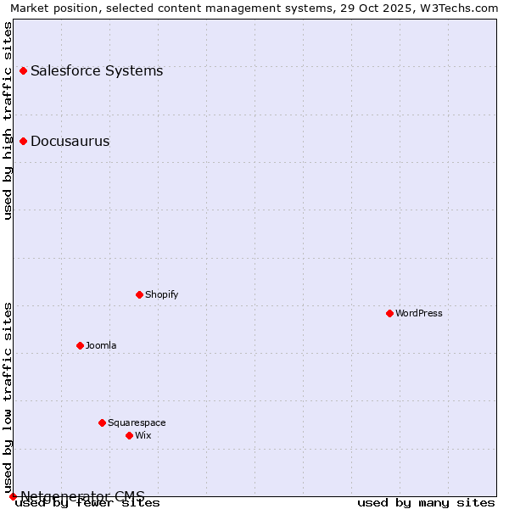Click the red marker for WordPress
pos(389,313)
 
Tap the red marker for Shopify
pos(139,294)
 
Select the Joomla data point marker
pos(80,345)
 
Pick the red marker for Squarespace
pos(102,422)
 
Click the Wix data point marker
pos(129,435)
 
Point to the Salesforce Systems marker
pos(23,70)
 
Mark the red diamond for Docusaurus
pos(23,141)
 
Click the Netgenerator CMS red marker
pos(13,496)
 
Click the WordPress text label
pos(419,313)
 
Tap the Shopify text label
pos(161,294)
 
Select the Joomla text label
pos(101,345)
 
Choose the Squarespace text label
pos(137,422)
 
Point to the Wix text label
pos(143,435)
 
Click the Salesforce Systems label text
pos(97,70)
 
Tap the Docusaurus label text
pos(70,141)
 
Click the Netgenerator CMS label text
pos(82,495)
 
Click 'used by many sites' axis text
pos(426,503)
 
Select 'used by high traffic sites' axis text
pos(8,120)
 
